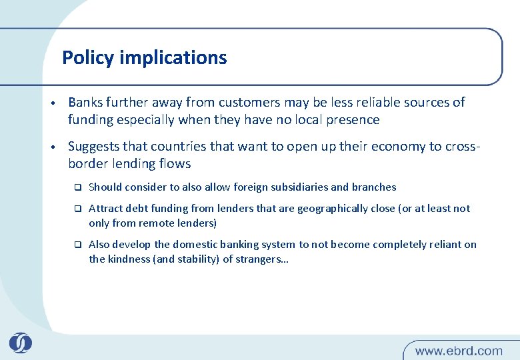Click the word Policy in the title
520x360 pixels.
88,58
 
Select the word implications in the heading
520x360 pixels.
173,58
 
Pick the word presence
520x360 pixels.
352,120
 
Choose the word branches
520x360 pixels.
373,187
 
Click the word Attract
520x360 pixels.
105,209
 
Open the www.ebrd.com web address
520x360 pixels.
459,350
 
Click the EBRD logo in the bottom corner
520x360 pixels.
21,343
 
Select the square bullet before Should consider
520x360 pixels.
77,187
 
